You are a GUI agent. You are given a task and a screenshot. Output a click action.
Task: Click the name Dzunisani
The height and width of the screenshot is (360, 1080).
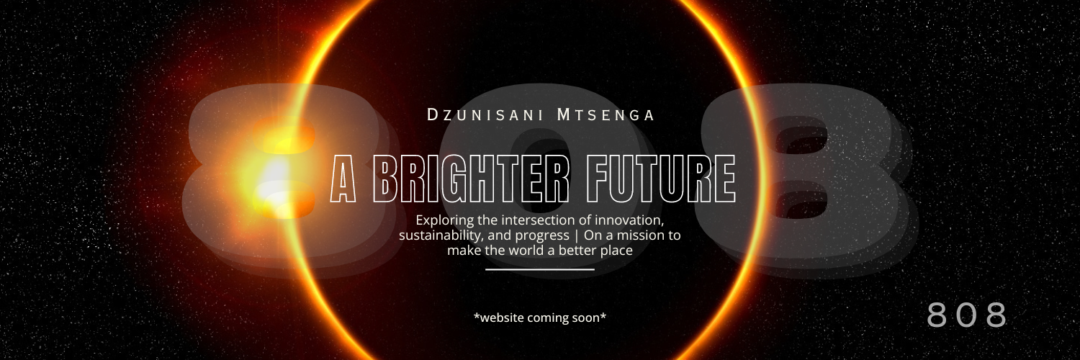pyautogui.click(x=485, y=114)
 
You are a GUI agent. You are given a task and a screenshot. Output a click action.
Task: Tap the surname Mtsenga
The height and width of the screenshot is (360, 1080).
pyautogui.click(x=606, y=114)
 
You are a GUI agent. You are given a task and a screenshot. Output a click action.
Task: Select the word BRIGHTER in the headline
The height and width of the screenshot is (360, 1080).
pyautogui.click(x=471, y=179)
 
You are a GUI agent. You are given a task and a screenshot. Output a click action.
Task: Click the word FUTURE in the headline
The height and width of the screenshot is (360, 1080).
pyautogui.click(x=661, y=179)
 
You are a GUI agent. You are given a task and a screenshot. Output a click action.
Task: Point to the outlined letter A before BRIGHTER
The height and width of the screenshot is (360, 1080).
pyautogui.click(x=343, y=179)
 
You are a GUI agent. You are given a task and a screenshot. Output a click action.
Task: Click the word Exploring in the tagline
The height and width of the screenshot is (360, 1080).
pyautogui.click(x=445, y=221)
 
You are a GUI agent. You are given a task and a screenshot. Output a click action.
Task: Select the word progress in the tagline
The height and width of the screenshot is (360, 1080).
pyautogui.click(x=542, y=236)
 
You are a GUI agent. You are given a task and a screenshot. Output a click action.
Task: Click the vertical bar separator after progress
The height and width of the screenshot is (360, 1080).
pyautogui.click(x=577, y=235)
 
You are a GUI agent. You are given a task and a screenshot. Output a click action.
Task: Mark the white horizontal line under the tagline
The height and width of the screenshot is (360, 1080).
pyautogui.click(x=540, y=269)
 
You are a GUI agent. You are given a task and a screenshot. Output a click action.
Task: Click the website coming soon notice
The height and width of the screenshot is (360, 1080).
pyautogui.click(x=540, y=318)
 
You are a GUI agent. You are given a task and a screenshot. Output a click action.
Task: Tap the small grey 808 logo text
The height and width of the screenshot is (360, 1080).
pyautogui.click(x=967, y=315)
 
